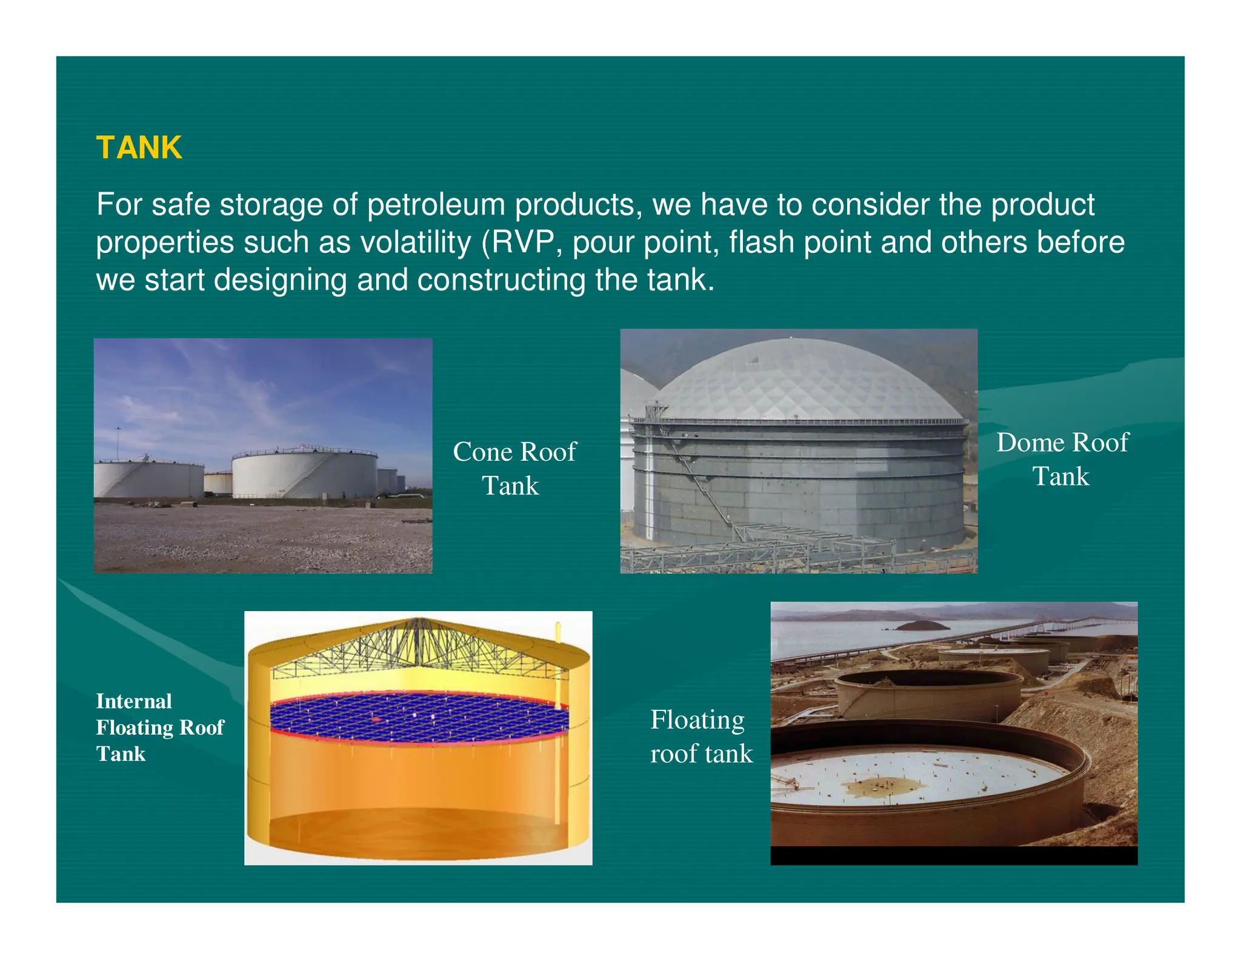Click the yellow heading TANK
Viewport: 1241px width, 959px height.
pyautogui.click(x=139, y=148)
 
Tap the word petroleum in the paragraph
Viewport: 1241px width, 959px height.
pyautogui.click(x=436, y=205)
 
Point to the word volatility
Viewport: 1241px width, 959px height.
pyautogui.click(x=416, y=242)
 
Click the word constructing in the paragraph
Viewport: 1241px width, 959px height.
pyautogui.click(x=501, y=280)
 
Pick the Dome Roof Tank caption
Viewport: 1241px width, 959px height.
pyautogui.click(x=1062, y=459)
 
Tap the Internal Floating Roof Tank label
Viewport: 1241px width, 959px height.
pyautogui.click(x=159, y=727)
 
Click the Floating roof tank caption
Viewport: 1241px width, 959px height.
pyautogui.click(x=700, y=737)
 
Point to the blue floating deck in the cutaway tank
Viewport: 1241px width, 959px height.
pyautogui.click(x=418, y=718)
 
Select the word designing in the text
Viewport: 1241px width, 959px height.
pyautogui.click(x=281, y=280)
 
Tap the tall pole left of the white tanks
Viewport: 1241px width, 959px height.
pyautogui.click(x=118, y=443)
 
